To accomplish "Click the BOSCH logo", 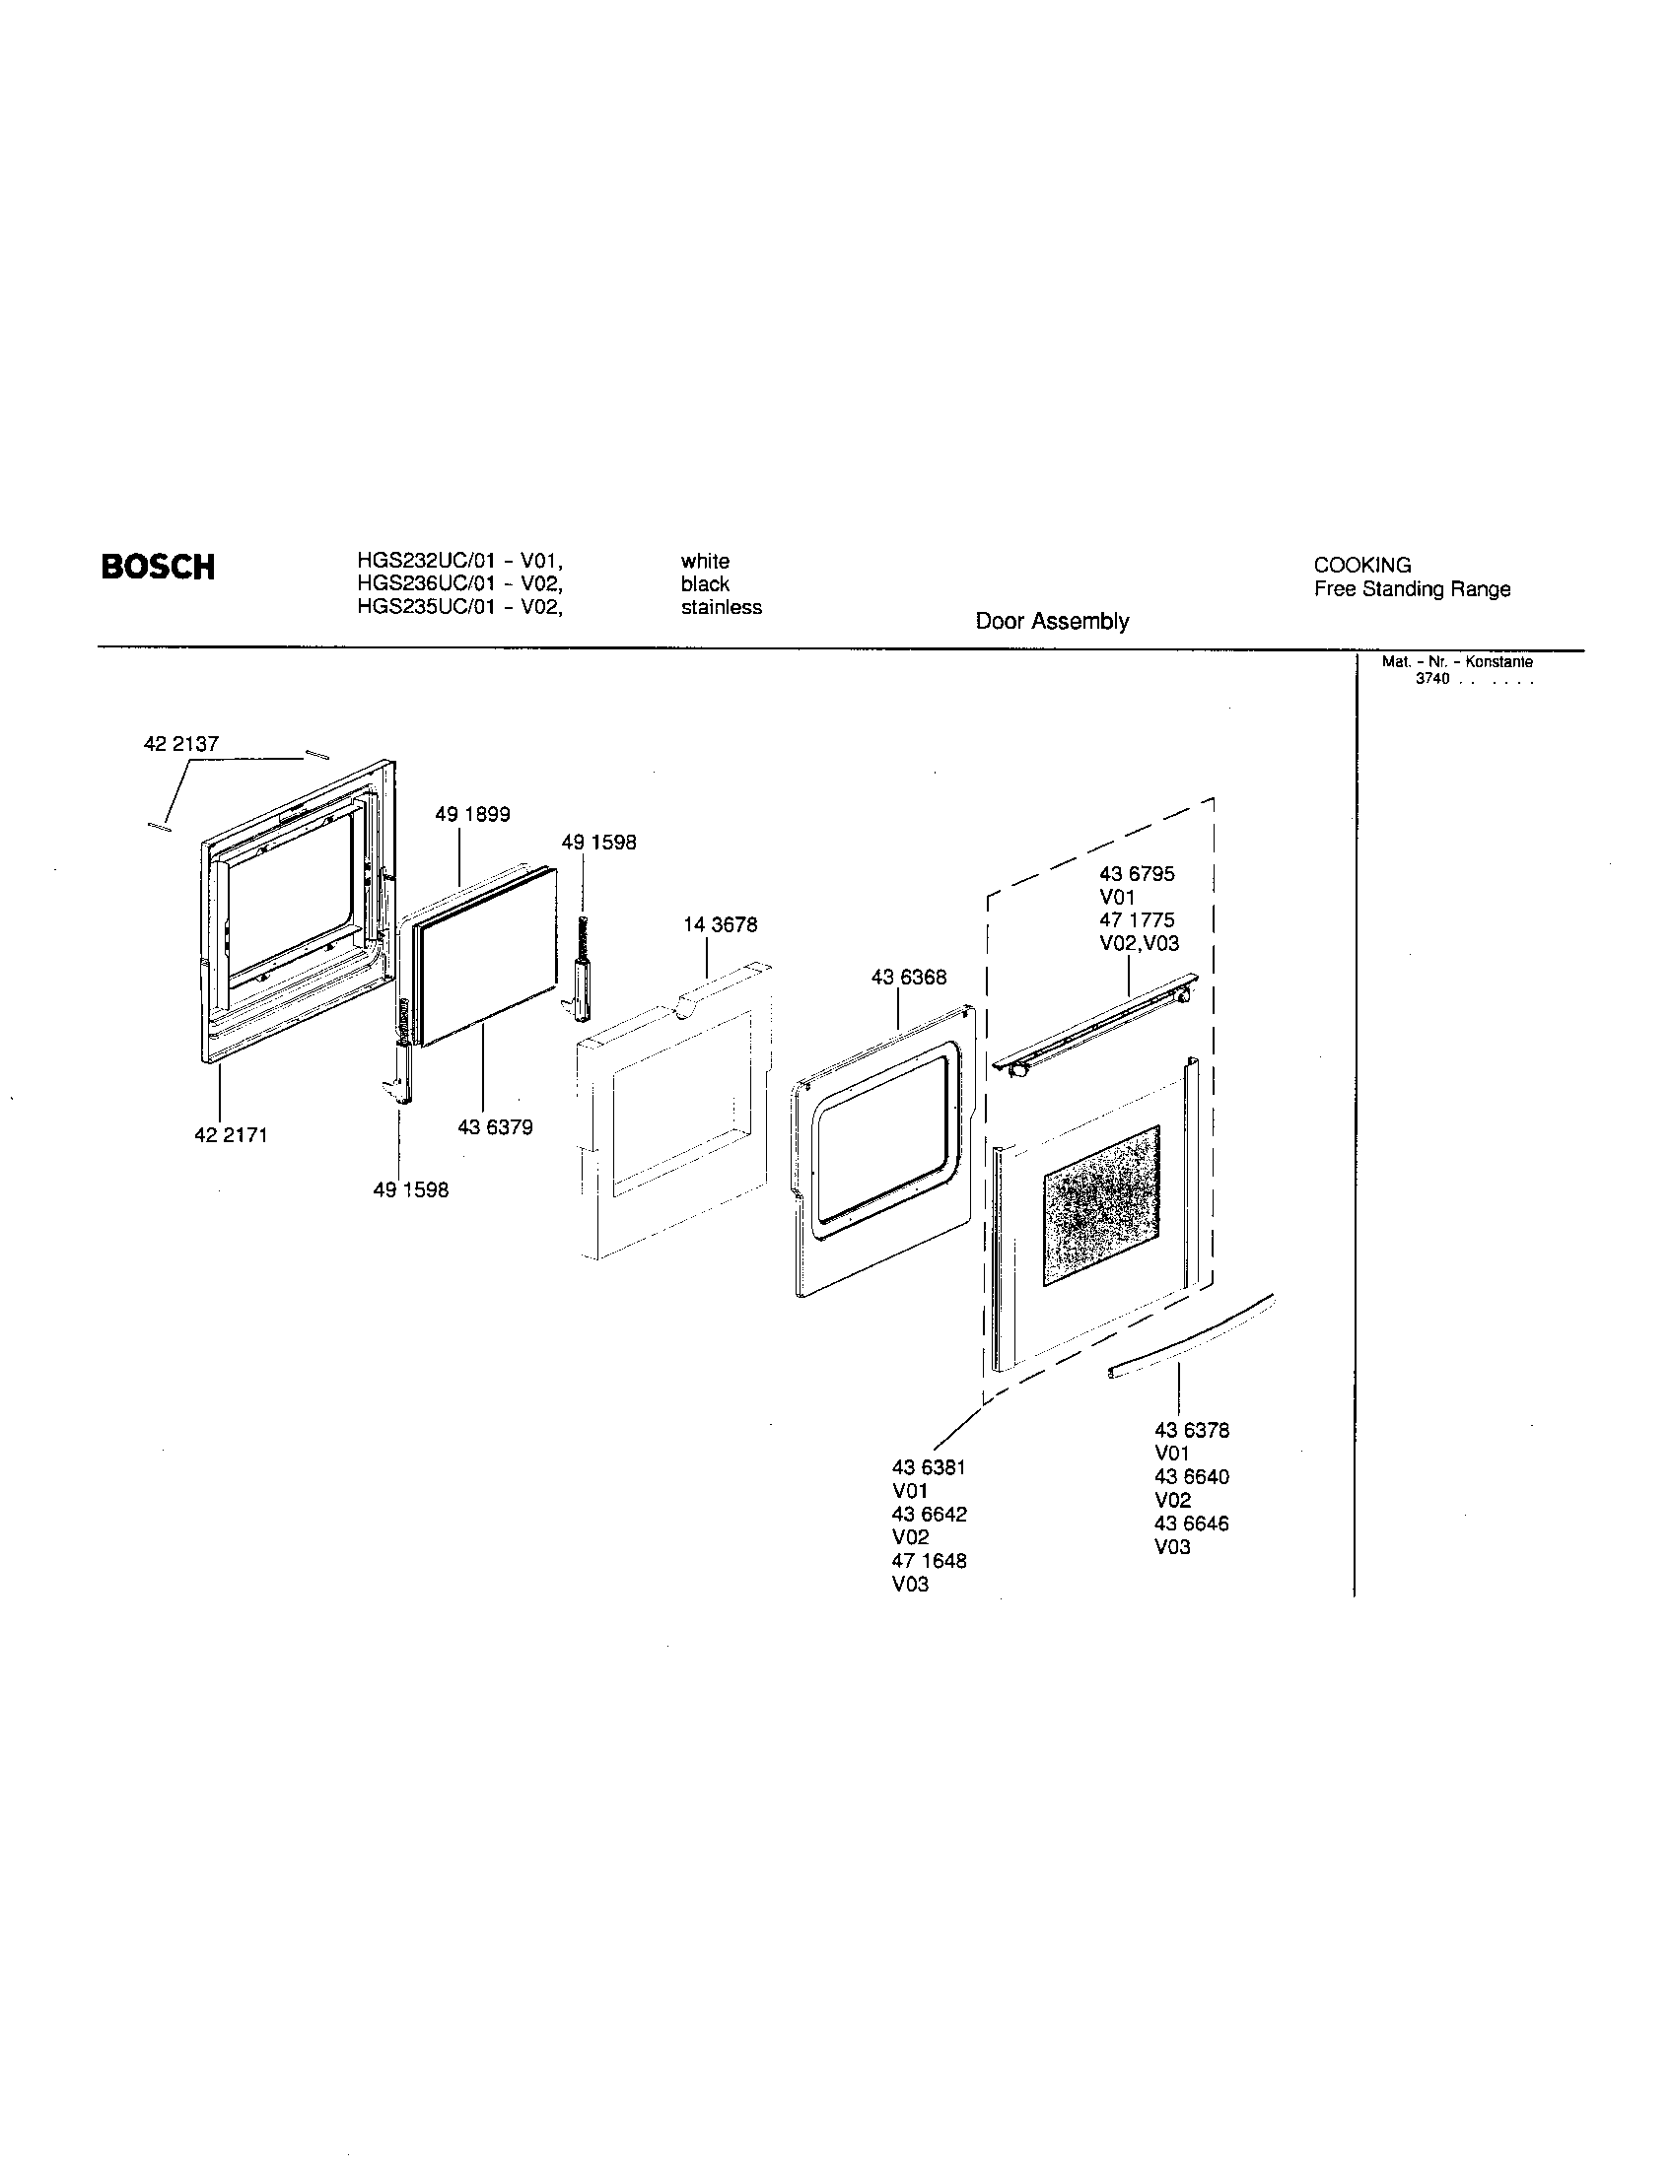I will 158,567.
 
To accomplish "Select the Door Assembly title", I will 1052,622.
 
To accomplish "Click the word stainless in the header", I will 721,607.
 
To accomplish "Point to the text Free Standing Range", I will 1411,589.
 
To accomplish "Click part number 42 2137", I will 181,743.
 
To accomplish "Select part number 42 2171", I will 231,1134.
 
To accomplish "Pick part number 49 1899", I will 472,815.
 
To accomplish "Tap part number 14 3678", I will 720,925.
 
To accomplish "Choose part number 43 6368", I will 909,978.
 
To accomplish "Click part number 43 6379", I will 495,1127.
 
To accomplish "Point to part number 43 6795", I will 1137,874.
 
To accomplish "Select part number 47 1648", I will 929,1561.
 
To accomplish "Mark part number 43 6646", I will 1192,1524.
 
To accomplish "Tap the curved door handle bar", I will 1192,1337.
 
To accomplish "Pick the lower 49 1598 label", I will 410,1189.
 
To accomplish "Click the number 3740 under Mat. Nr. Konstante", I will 1432,680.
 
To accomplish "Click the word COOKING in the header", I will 1361,566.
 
